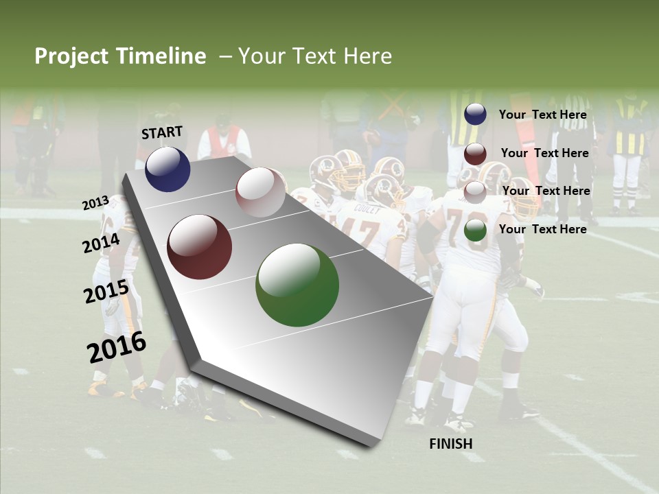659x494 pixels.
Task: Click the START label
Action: pyautogui.click(x=162, y=132)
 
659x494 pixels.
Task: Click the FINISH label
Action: pyautogui.click(x=451, y=443)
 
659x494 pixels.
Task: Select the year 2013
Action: pyautogui.click(x=95, y=203)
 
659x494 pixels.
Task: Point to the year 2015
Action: pyautogui.click(x=106, y=292)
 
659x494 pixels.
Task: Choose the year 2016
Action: pyautogui.click(x=117, y=347)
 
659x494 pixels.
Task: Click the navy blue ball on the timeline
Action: pyautogui.click(x=167, y=169)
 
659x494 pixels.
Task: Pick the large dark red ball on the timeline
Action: pyautogui.click(x=200, y=247)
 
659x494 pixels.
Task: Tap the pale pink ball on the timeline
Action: pyautogui.click(x=260, y=192)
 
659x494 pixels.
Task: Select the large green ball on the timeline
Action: pyautogui.click(x=297, y=285)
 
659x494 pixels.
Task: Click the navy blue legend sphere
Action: pyautogui.click(x=475, y=115)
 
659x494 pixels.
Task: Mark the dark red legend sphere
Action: pyautogui.click(x=475, y=154)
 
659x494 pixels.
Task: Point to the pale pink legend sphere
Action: pyautogui.click(x=475, y=191)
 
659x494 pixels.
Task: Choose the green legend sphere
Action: pyautogui.click(x=475, y=230)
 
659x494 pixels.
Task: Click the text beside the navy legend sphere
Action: pyautogui.click(x=543, y=115)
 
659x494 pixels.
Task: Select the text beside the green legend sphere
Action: pyautogui.click(x=543, y=229)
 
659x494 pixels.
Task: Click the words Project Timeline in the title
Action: pyautogui.click(x=120, y=56)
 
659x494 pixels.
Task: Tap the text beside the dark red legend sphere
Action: pyautogui.click(x=545, y=153)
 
